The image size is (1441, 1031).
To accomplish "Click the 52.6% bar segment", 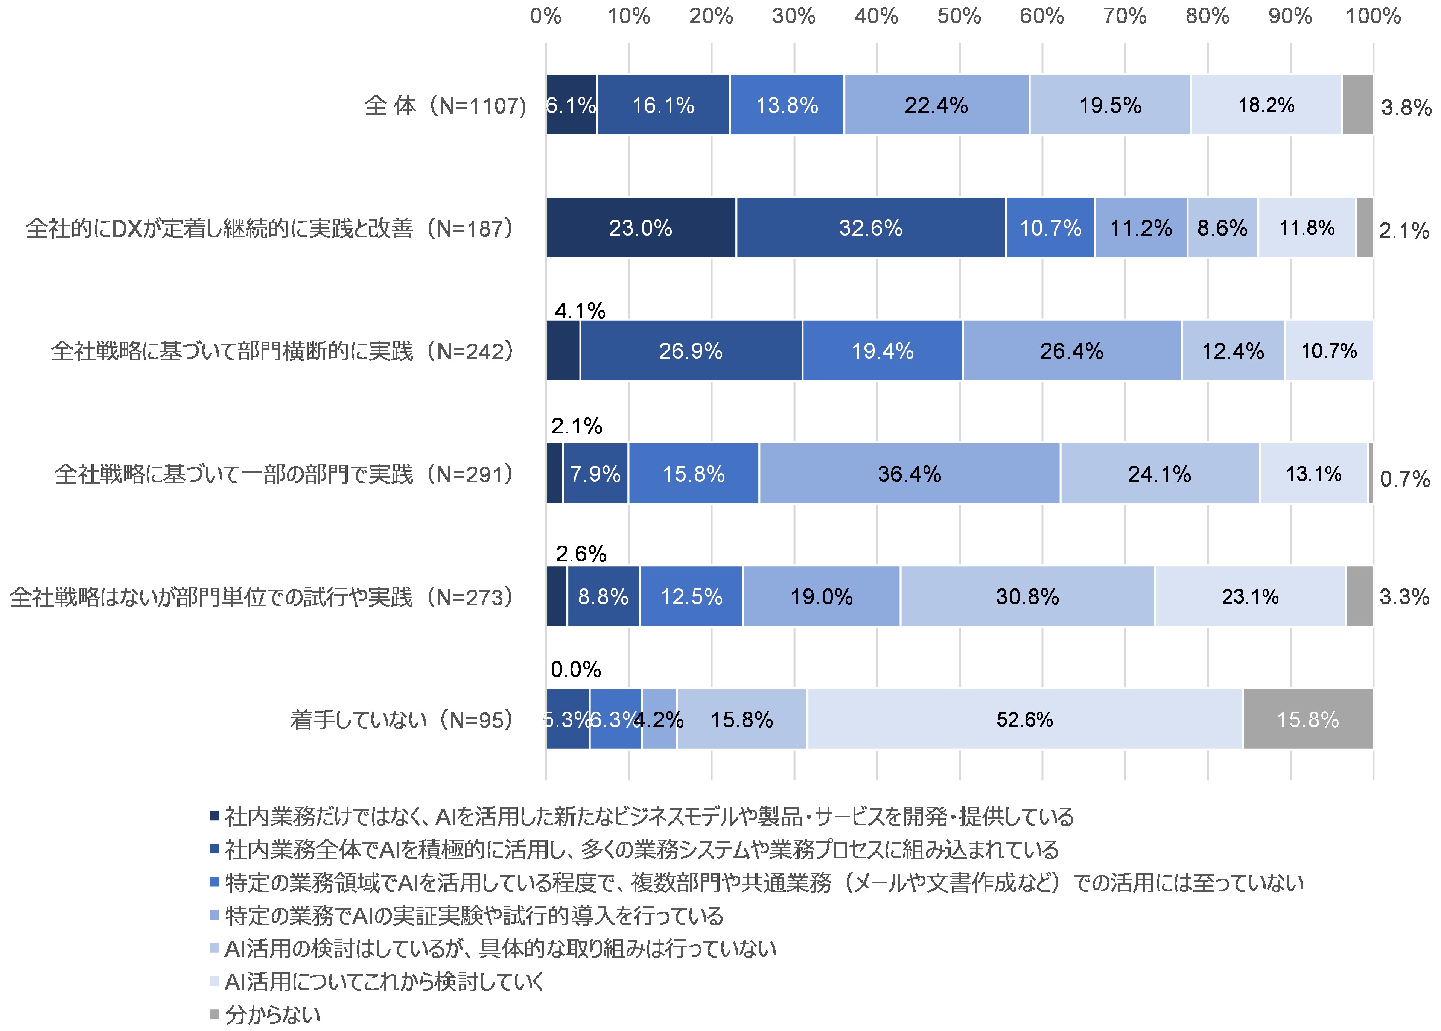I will [x=1024, y=719].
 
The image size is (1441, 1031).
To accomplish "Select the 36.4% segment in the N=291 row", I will [x=909, y=474].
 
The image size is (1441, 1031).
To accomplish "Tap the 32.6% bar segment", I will [x=870, y=228].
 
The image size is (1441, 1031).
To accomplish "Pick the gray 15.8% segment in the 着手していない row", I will [x=1308, y=719].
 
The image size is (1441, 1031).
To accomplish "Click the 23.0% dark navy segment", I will [x=641, y=228].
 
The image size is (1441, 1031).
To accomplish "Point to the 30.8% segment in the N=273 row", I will [x=1027, y=597].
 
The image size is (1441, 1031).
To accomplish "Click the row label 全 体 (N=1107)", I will [x=445, y=105].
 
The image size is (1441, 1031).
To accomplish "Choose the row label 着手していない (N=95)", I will [x=401, y=720].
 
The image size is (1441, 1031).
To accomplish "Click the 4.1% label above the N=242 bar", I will [x=580, y=311].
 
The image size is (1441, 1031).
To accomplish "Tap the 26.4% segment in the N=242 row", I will [x=1071, y=351].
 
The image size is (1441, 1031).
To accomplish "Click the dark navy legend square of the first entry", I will [x=215, y=816].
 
